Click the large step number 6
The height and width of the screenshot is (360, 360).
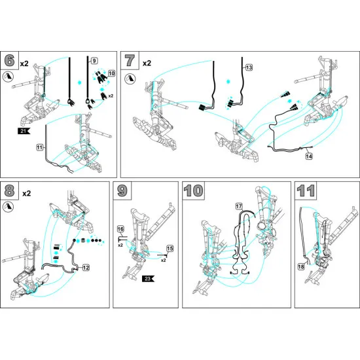pyautogui.click(x=9, y=61)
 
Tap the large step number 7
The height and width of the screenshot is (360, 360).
pyautogui.click(x=130, y=61)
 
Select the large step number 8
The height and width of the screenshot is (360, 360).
pyautogui.click(x=9, y=190)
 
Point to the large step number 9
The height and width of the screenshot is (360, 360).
pyautogui.click(x=122, y=190)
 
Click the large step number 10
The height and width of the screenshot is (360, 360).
pyautogui.click(x=193, y=190)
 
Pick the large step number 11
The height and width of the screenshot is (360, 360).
pyautogui.click(x=306, y=190)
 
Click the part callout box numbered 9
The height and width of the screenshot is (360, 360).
pyautogui.click(x=94, y=61)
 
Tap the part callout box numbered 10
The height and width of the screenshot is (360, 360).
pyautogui.click(x=111, y=73)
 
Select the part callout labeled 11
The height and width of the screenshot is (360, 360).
pyautogui.click(x=40, y=147)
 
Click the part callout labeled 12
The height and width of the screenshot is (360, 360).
pyautogui.click(x=86, y=268)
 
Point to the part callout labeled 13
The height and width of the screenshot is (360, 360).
pyautogui.click(x=249, y=67)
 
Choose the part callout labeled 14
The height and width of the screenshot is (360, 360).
pyautogui.click(x=309, y=156)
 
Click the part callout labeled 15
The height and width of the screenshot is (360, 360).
pyautogui.click(x=170, y=249)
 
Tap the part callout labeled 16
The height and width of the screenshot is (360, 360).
pyautogui.click(x=120, y=229)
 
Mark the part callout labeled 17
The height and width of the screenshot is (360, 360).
pyautogui.click(x=239, y=206)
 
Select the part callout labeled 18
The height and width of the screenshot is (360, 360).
pyautogui.click(x=301, y=267)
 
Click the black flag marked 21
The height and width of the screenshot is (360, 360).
pyautogui.click(x=24, y=131)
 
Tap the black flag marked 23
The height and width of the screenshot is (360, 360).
pyautogui.click(x=148, y=279)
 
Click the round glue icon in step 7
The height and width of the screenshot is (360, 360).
pyautogui.click(x=130, y=79)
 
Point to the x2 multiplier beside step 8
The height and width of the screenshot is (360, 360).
pyautogui.click(x=27, y=194)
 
